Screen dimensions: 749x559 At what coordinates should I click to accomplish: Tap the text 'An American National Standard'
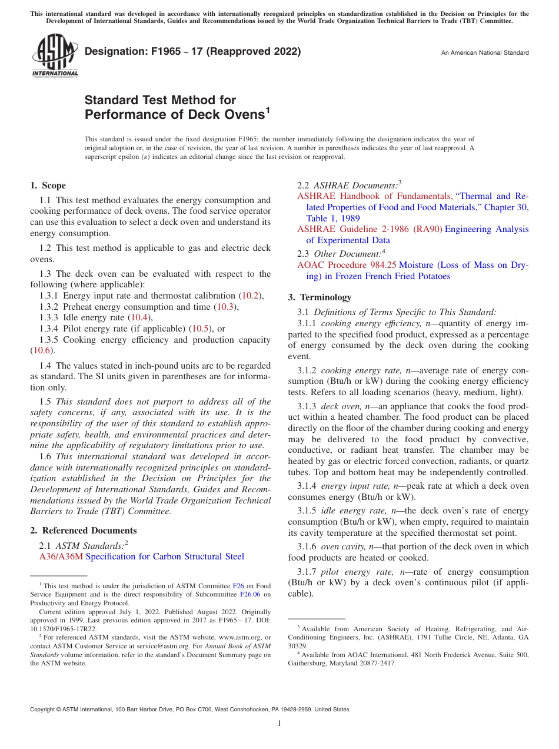[485, 53]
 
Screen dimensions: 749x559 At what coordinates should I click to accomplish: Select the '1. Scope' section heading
[48, 185]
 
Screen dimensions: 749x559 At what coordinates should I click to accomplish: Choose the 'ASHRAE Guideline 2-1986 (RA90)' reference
[370, 229]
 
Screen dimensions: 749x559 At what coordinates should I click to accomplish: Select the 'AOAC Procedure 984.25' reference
[347, 265]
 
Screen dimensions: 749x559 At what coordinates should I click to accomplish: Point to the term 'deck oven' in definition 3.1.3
[338, 406]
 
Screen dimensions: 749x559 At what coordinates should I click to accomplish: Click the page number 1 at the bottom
[279, 723]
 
